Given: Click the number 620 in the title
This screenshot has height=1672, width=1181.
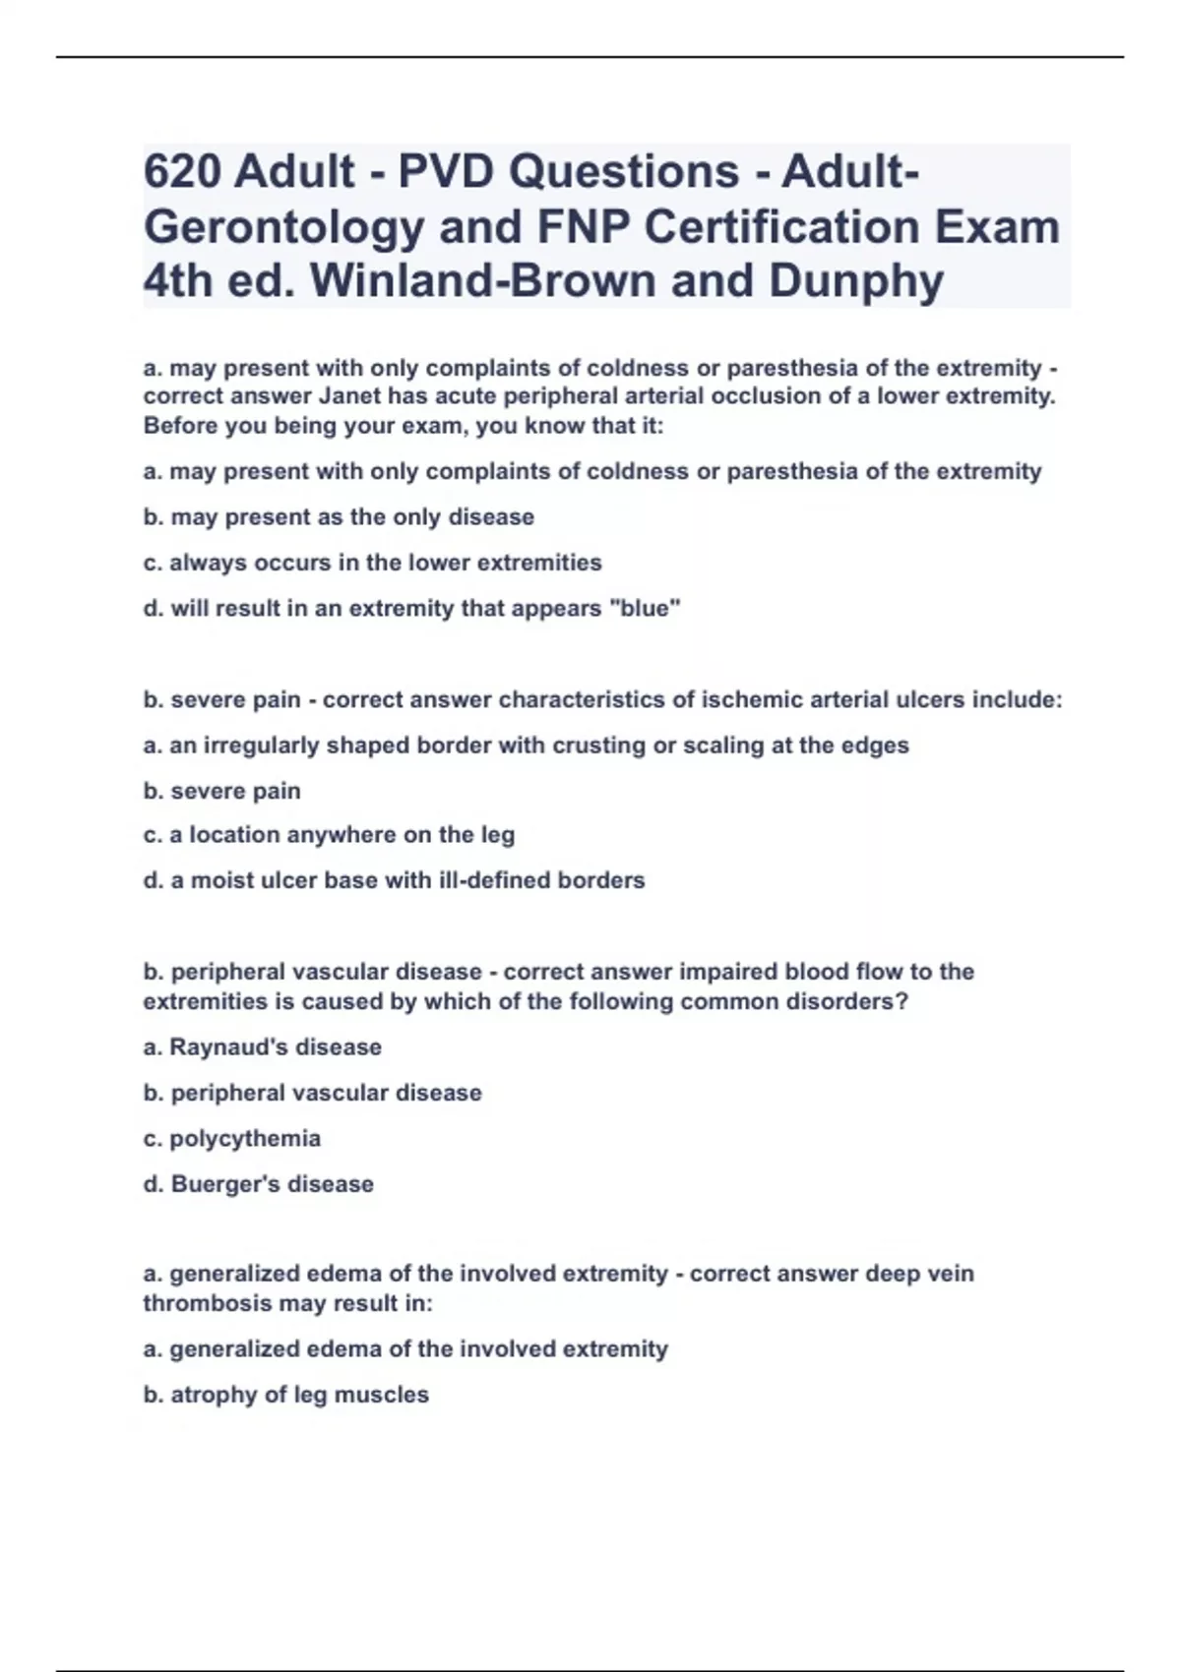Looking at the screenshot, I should [182, 172].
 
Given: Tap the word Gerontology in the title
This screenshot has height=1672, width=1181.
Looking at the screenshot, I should [283, 227].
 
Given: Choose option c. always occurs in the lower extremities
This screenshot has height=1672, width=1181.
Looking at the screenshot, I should [372, 563].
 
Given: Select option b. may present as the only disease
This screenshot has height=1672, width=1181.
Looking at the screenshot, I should [339, 517].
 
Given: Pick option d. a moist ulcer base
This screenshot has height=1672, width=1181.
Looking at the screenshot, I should [394, 880].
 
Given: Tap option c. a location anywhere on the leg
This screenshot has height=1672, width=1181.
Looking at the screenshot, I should [329, 835].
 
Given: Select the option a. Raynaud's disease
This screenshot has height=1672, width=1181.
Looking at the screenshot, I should [262, 1047].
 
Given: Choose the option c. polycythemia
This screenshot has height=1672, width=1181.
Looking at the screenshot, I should [232, 1139].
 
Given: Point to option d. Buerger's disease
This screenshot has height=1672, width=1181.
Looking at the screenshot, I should [258, 1184].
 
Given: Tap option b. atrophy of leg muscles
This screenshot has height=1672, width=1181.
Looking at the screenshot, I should [285, 1395].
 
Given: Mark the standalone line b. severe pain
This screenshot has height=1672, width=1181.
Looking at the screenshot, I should [221, 791].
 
